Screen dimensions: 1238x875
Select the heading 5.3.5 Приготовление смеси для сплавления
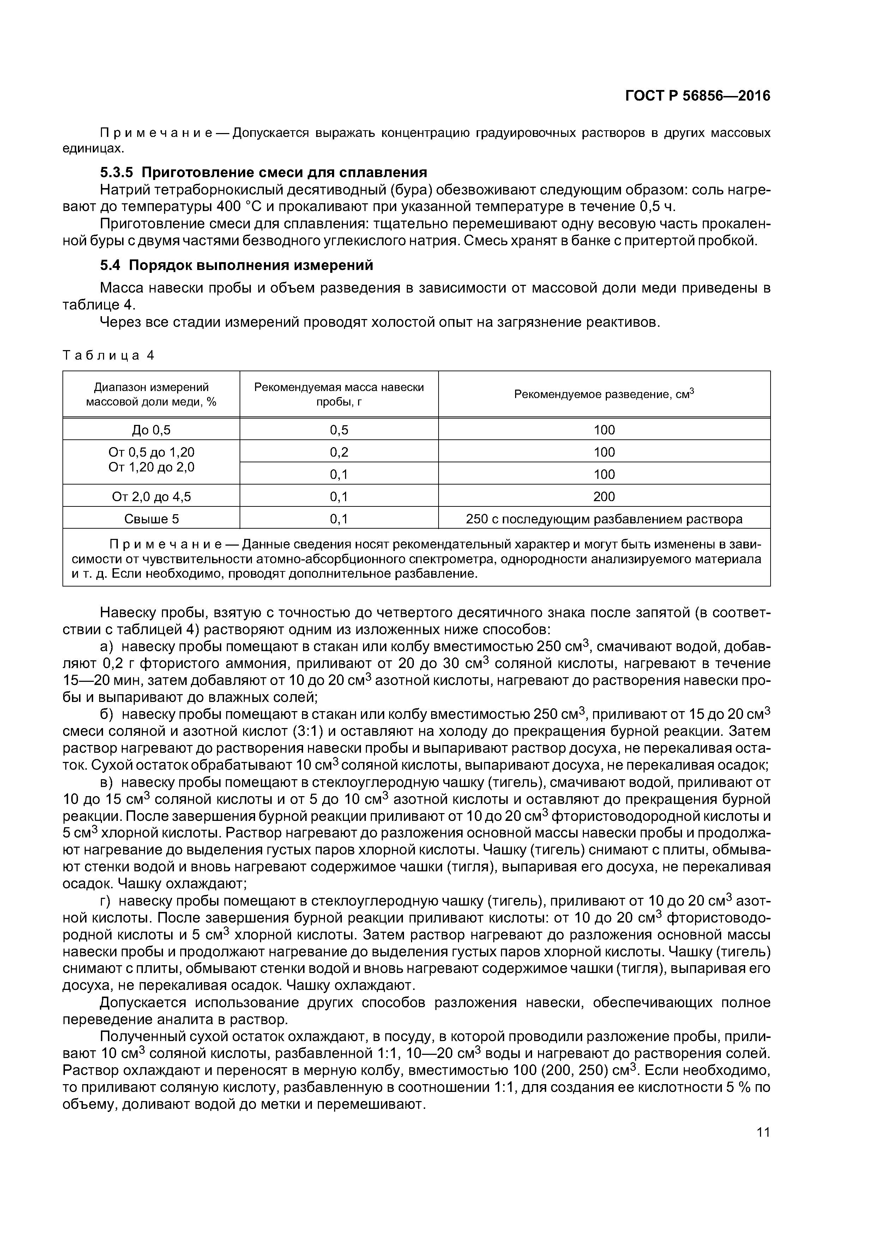tap(263, 173)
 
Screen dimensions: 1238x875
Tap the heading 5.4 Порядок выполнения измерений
tap(236, 265)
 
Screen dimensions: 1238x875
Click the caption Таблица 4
tap(108, 355)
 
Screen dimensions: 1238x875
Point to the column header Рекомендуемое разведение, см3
tap(604, 394)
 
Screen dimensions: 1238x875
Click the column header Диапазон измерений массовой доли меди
tap(151, 394)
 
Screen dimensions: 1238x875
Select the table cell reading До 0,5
tap(151, 430)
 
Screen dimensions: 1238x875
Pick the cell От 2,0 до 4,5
tap(151, 497)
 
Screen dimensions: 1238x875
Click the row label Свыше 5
tap(151, 519)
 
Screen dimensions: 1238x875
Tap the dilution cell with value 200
tap(604, 497)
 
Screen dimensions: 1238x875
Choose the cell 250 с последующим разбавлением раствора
tap(604, 519)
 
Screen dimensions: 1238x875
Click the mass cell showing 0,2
tap(339, 452)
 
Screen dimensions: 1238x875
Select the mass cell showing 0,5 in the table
tap(339, 430)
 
